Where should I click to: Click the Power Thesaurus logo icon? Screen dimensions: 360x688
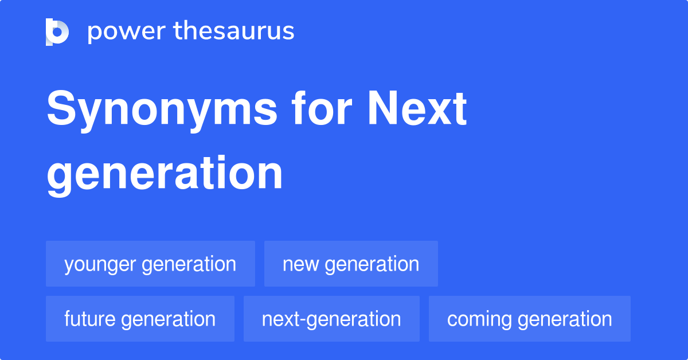[57, 32]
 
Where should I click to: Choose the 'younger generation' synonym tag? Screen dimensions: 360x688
[150, 264]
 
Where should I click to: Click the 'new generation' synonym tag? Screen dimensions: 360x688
[351, 264]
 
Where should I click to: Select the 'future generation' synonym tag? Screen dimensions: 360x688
[140, 319]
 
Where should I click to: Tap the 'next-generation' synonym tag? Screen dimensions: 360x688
[331, 319]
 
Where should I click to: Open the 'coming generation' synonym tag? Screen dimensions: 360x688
[529, 319]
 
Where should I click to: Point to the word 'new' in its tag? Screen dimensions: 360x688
[301, 264]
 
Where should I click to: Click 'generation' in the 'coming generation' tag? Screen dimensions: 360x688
[565, 319]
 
